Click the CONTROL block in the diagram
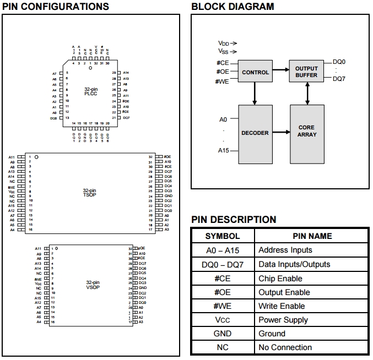click(255, 72)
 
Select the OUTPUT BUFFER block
click(306, 72)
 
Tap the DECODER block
click(255, 133)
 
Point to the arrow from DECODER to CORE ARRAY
click(281, 132)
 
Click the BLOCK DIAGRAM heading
click(232, 7)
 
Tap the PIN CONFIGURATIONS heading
click(56, 7)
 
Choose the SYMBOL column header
click(223, 236)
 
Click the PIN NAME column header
click(312, 236)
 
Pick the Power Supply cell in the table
click(284, 320)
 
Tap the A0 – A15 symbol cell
click(223, 250)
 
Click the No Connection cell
click(285, 347)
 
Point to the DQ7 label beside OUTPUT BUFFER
click(339, 79)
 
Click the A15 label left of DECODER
click(223, 150)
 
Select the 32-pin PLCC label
click(91, 91)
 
